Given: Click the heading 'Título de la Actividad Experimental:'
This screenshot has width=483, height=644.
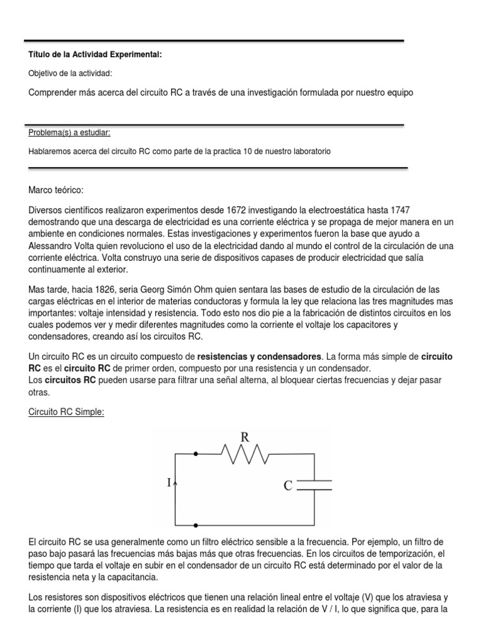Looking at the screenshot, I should click(95, 55).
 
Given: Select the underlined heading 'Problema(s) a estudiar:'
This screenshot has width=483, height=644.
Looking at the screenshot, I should click(69, 133).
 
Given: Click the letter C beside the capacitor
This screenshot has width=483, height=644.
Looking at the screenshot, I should click(287, 486).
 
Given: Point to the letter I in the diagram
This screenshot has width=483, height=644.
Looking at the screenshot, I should click(168, 483).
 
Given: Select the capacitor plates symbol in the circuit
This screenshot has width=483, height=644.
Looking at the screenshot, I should click(314, 485).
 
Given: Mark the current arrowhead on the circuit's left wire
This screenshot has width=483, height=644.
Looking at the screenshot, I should click(175, 482).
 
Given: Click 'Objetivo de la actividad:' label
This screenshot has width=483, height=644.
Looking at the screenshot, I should click(70, 74).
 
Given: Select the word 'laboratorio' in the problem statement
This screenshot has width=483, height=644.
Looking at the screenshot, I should click(309, 152).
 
